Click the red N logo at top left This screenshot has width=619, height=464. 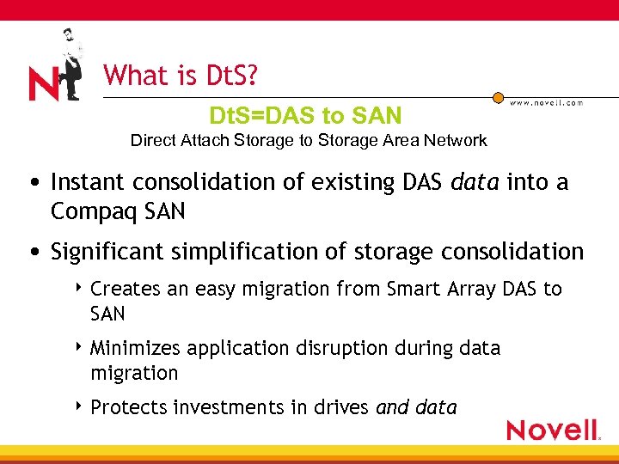[x=43, y=84]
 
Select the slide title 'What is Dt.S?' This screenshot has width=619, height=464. [x=180, y=76]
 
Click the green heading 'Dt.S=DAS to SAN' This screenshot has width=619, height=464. [x=305, y=115]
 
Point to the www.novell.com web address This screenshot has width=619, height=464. [x=546, y=102]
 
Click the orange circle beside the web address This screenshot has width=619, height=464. [x=498, y=100]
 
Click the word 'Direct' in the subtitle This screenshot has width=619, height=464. [x=151, y=140]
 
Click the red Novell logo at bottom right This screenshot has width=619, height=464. [x=553, y=430]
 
